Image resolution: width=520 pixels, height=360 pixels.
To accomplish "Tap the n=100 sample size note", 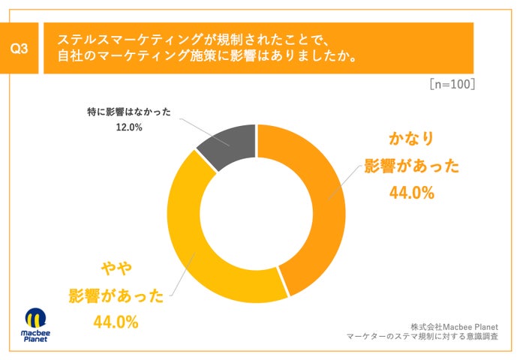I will click(x=452, y=84).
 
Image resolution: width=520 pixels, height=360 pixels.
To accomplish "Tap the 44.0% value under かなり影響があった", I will click(x=411, y=193).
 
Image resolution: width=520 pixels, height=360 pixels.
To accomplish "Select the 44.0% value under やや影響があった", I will click(x=116, y=322).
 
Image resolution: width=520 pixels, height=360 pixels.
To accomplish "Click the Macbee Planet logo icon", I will click(x=36, y=317).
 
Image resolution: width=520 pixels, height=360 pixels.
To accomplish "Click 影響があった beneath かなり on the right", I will click(x=411, y=166).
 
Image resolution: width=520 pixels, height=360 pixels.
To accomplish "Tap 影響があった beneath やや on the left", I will click(x=116, y=295).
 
